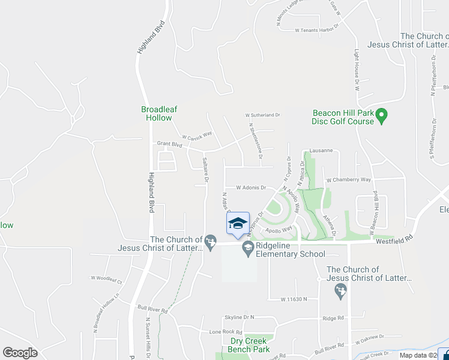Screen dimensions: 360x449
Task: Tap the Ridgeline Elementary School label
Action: click(x=291, y=250)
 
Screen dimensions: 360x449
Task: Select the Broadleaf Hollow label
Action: click(x=159, y=113)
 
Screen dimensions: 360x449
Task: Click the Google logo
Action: click(x=20, y=353)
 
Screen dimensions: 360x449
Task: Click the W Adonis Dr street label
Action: click(x=251, y=187)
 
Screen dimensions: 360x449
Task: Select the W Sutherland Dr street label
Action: click(x=262, y=115)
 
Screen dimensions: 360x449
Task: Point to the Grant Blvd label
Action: click(x=169, y=144)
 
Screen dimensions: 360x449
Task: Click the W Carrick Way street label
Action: click(x=197, y=136)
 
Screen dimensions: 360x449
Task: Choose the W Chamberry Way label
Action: click(x=348, y=179)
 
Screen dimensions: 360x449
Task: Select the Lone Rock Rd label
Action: click(x=225, y=332)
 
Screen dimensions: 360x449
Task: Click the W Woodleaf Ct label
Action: click(x=106, y=279)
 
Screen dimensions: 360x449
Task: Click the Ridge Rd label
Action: click(x=333, y=319)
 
